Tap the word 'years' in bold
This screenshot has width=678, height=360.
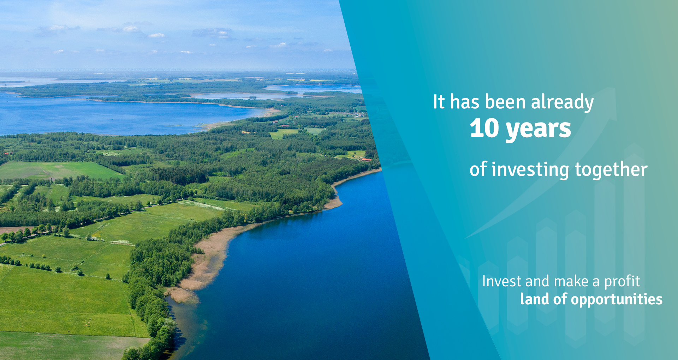(x=539, y=130)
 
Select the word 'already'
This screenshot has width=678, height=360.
(x=562, y=103)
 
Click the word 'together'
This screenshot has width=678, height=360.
(x=611, y=170)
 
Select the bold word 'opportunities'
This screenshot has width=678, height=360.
(x=617, y=300)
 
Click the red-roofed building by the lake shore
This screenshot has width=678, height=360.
(x=367, y=160)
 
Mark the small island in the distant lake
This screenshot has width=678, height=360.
(x=252, y=97)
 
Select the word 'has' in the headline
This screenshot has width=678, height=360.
(x=465, y=102)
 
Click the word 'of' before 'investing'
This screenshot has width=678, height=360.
(x=478, y=169)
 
